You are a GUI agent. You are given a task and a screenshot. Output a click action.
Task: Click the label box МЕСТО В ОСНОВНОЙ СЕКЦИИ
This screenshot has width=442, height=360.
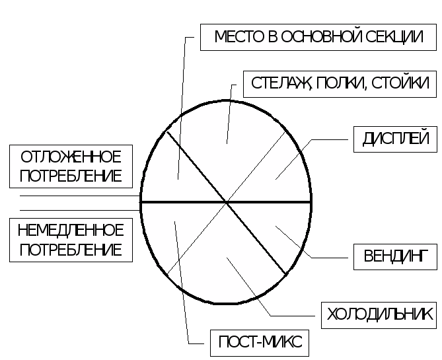pyautogui.click(x=318, y=37)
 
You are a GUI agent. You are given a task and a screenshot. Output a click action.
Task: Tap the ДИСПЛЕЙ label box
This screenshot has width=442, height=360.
pyautogui.click(x=396, y=139)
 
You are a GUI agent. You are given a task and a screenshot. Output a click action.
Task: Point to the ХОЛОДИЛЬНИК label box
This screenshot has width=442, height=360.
pyautogui.click(x=380, y=314)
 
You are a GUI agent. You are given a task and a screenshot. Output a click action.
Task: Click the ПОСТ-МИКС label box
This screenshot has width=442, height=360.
pyautogui.click(x=260, y=343)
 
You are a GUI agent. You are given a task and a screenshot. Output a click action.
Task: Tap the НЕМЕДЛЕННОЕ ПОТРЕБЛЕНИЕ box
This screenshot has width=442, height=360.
pyautogui.click(x=71, y=240)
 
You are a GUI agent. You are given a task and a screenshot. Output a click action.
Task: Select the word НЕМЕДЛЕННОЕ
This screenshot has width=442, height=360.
pyautogui.click(x=71, y=231)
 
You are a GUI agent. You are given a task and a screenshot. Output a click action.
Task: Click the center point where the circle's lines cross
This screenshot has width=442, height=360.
pyautogui.click(x=226, y=201)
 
